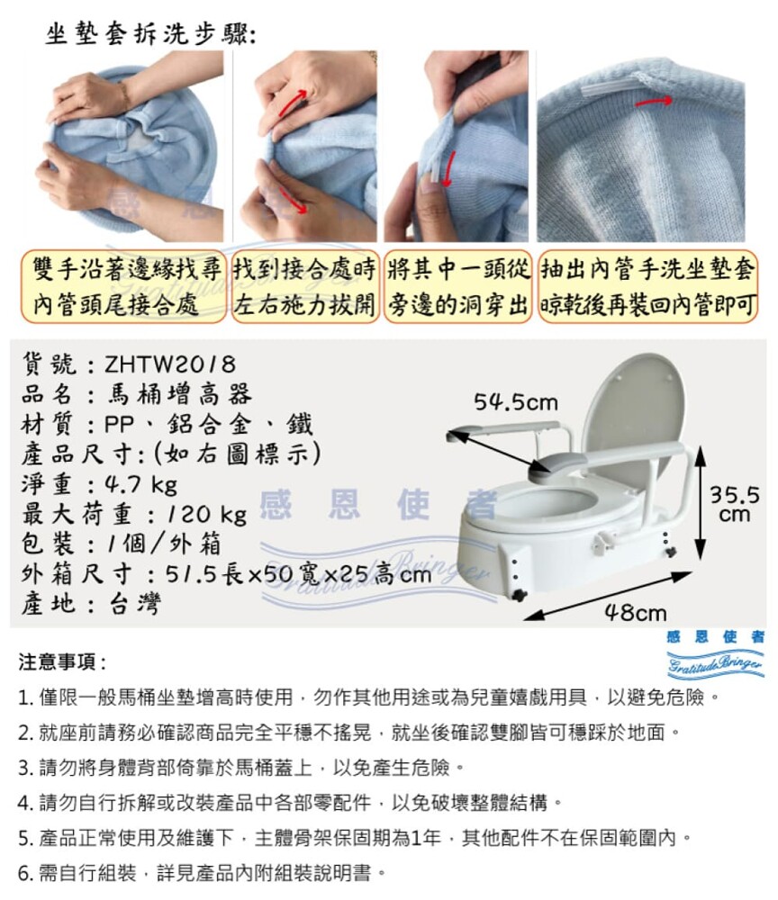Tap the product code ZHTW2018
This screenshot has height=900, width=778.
[x=170, y=364]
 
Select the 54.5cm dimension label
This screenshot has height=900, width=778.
[x=516, y=402]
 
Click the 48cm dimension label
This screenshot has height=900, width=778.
[x=636, y=612]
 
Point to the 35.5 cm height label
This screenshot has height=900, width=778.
[x=735, y=503]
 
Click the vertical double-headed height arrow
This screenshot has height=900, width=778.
[x=700, y=503]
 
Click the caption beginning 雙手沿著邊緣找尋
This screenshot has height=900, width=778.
[x=122, y=286]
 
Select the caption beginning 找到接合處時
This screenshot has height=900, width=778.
[x=305, y=286]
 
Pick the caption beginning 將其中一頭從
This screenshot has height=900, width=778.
[x=457, y=286]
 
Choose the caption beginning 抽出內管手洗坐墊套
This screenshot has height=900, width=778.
[x=648, y=286]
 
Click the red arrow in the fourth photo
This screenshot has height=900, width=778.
[x=654, y=102]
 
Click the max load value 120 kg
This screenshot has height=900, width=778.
[x=207, y=514]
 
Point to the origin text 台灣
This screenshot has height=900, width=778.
[x=135, y=604]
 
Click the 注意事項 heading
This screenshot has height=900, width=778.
[x=62, y=661]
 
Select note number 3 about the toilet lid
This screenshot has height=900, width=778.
[x=241, y=768]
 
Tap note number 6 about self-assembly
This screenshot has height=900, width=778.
[x=202, y=873]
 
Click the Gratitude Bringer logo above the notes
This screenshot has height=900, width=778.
[x=715, y=653]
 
